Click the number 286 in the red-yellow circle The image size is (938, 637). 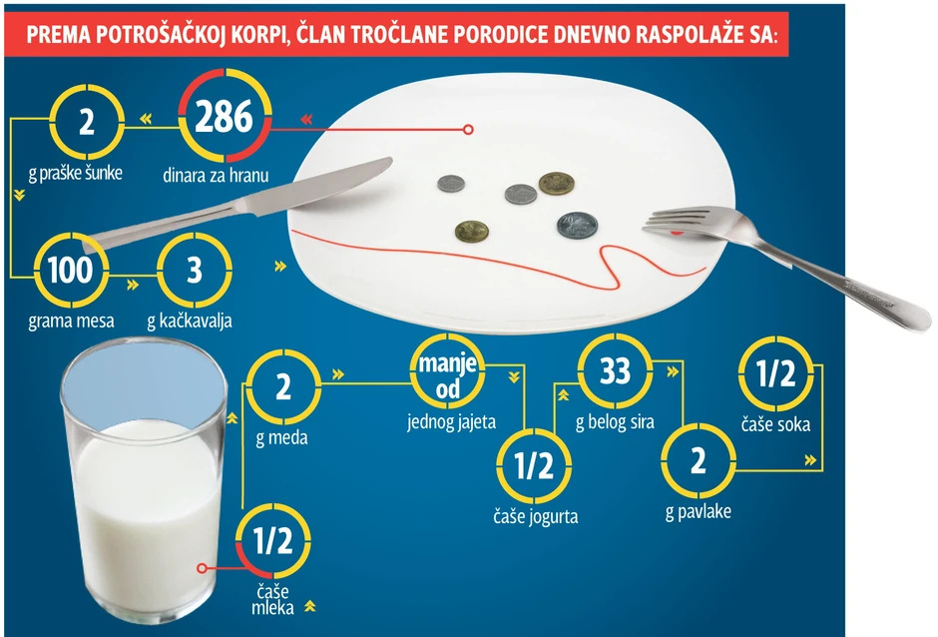pos(224,116)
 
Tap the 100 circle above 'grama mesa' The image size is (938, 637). pos(71,270)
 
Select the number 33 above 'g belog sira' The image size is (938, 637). pos(615,370)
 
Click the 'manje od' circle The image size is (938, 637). pos(447,371)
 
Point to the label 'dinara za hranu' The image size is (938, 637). pos(216,176)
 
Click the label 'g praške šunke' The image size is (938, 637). pos(76,173)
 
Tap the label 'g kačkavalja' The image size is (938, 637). pos(190,320)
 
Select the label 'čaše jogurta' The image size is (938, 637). pos(536,516)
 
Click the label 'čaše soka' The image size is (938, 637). pos(776,424)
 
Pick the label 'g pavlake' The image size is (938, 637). pos(699,512)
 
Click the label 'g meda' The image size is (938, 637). pos(281,437)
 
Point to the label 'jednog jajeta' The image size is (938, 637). pos(452,422)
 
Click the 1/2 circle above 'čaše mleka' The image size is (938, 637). pos(272,540)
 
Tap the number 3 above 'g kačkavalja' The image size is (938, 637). pos(195,270)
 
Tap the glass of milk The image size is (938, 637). pos(144,480)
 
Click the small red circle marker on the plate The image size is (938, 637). pos(468,130)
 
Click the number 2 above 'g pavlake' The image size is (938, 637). pos(699,461)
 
